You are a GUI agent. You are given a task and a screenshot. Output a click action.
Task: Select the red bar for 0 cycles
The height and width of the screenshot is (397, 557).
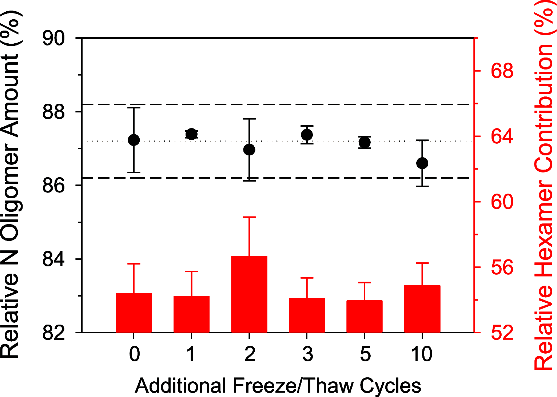tap(134, 313)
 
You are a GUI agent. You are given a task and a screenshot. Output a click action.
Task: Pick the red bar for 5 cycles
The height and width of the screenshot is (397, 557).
tap(364, 316)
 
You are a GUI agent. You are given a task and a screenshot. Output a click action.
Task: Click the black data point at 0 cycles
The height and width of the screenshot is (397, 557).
tap(134, 140)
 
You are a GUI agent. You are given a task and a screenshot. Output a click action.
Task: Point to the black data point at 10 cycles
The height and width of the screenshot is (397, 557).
tap(422, 163)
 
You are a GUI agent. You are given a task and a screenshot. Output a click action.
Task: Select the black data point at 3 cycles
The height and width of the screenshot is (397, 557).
tap(307, 135)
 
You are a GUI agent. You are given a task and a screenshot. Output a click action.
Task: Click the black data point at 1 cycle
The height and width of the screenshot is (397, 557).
tap(191, 134)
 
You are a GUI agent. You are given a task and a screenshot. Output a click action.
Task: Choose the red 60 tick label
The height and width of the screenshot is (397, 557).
tap(502, 202)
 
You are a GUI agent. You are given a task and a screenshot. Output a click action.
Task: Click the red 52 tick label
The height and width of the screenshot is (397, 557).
tap(502, 332)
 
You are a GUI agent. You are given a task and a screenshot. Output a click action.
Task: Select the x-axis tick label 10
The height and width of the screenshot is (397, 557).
tap(422, 354)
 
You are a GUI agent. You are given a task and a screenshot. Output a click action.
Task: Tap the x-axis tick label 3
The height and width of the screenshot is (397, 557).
tap(307, 354)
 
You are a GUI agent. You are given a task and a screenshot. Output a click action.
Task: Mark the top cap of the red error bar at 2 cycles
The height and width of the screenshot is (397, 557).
tap(249, 217)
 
